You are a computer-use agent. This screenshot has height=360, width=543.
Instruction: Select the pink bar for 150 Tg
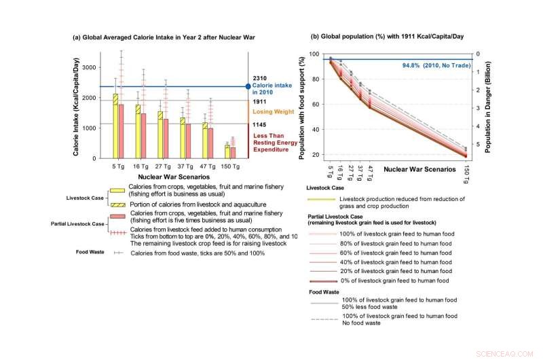pyautogui.click(x=233, y=152)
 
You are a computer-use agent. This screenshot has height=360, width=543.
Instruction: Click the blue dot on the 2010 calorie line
pyautogui.click(x=248, y=86)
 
